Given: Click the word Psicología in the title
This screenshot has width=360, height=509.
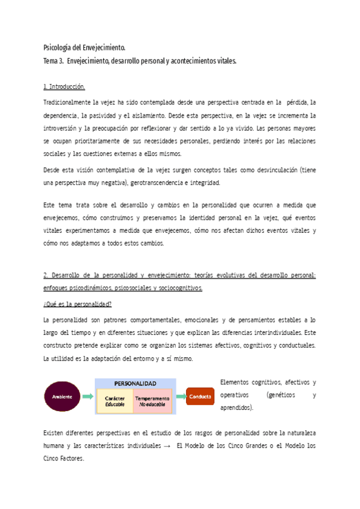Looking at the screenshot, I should [x=58, y=47].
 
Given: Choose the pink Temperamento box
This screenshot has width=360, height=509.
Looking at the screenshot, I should [x=152, y=401].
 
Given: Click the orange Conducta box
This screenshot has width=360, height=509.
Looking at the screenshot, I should [x=200, y=397].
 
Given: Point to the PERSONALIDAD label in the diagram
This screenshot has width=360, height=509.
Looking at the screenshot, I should [x=134, y=383].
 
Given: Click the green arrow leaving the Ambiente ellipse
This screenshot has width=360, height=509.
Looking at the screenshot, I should [x=88, y=397].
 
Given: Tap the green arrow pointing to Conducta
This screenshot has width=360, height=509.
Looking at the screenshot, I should [x=179, y=397].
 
